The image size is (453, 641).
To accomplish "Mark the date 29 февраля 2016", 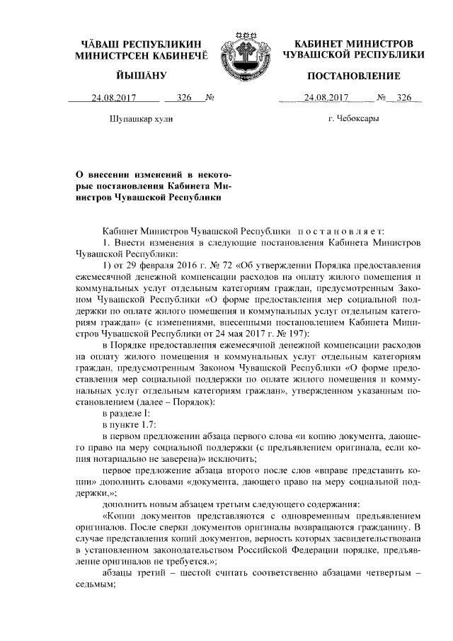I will [156, 265].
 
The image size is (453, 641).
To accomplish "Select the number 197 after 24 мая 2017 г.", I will [288, 332].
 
